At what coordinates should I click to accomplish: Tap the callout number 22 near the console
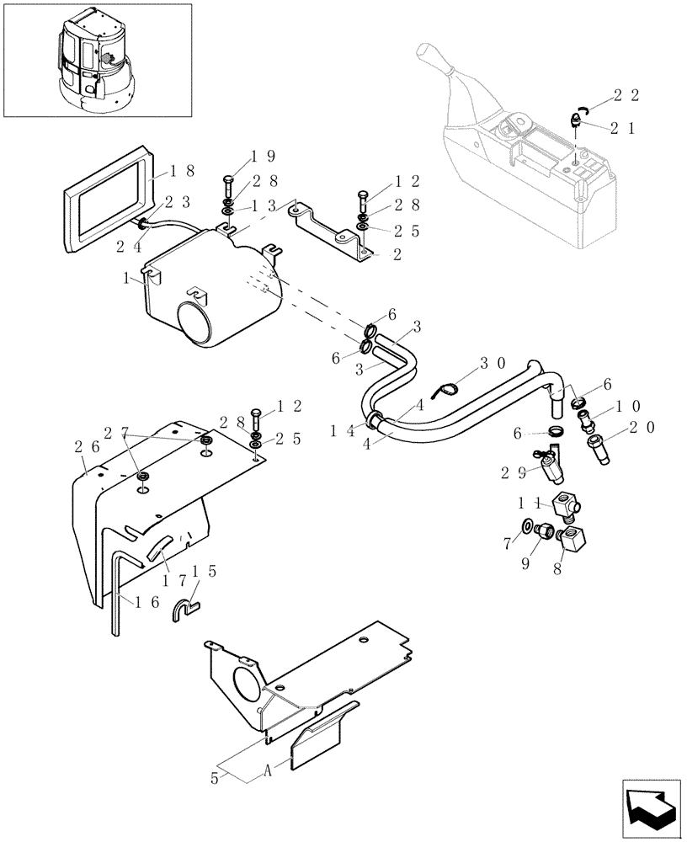click(626, 96)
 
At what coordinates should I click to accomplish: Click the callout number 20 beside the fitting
click(641, 428)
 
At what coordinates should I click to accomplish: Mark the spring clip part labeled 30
click(449, 388)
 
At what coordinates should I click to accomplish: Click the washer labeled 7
click(527, 527)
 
